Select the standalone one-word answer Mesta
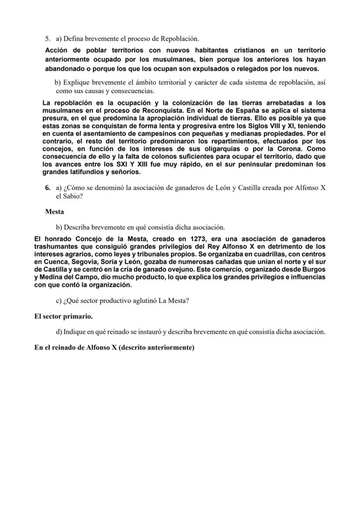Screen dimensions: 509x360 click(x=54, y=212)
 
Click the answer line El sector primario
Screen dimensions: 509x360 click(x=63, y=316)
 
